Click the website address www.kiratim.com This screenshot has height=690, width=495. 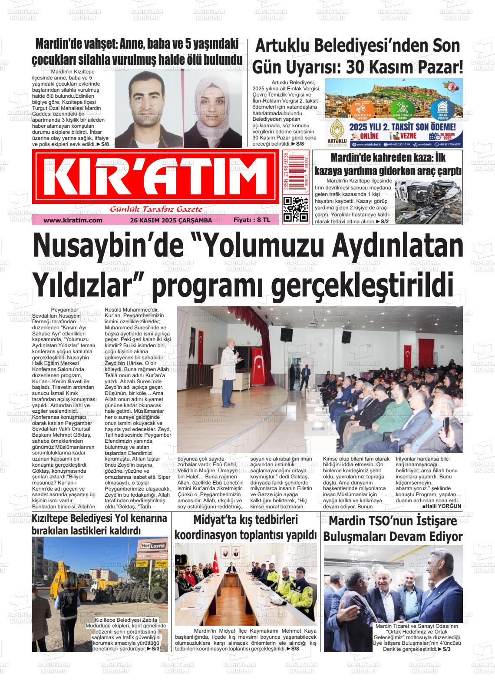[x=73, y=220]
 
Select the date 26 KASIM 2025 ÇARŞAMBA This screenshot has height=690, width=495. [x=171, y=220]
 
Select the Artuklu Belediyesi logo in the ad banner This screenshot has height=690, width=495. [x=338, y=134]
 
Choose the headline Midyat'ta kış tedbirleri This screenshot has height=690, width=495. [x=245, y=520]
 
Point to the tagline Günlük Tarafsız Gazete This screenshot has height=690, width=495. [x=156, y=209]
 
